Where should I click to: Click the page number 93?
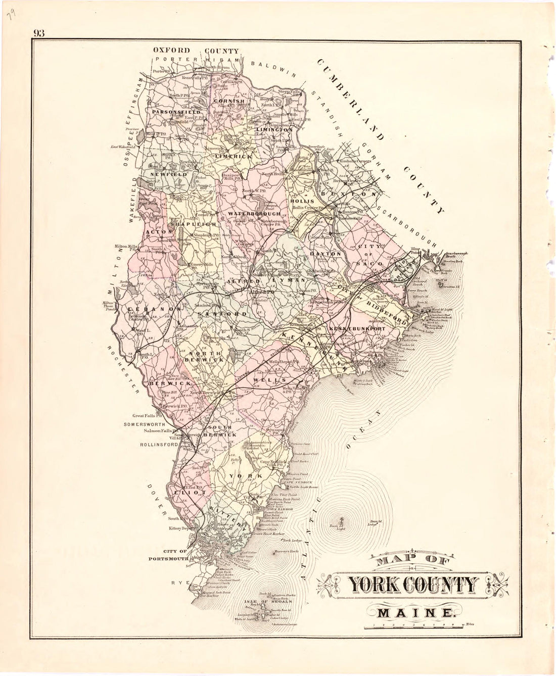tap(39, 33)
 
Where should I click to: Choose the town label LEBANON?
tap(147, 309)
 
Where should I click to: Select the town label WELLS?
tap(266, 379)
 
